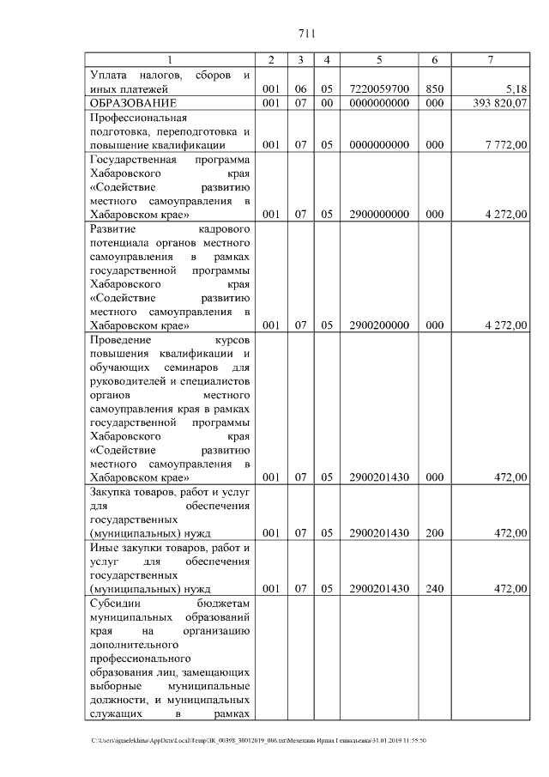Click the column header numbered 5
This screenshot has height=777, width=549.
click(x=379, y=59)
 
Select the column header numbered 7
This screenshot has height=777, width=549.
click(x=490, y=59)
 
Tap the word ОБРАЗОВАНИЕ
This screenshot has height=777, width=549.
click(x=134, y=103)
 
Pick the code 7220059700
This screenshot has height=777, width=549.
click(x=379, y=88)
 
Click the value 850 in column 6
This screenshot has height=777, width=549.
click(x=435, y=88)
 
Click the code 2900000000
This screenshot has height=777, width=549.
click(x=379, y=215)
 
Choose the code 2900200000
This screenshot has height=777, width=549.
click(x=379, y=325)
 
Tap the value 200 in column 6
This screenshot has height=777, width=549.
click(x=435, y=533)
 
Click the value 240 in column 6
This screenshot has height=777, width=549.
click(x=435, y=588)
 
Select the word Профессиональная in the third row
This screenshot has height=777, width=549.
click(x=138, y=118)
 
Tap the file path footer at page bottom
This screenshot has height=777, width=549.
click(x=258, y=740)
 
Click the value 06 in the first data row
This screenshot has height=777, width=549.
click(x=300, y=88)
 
